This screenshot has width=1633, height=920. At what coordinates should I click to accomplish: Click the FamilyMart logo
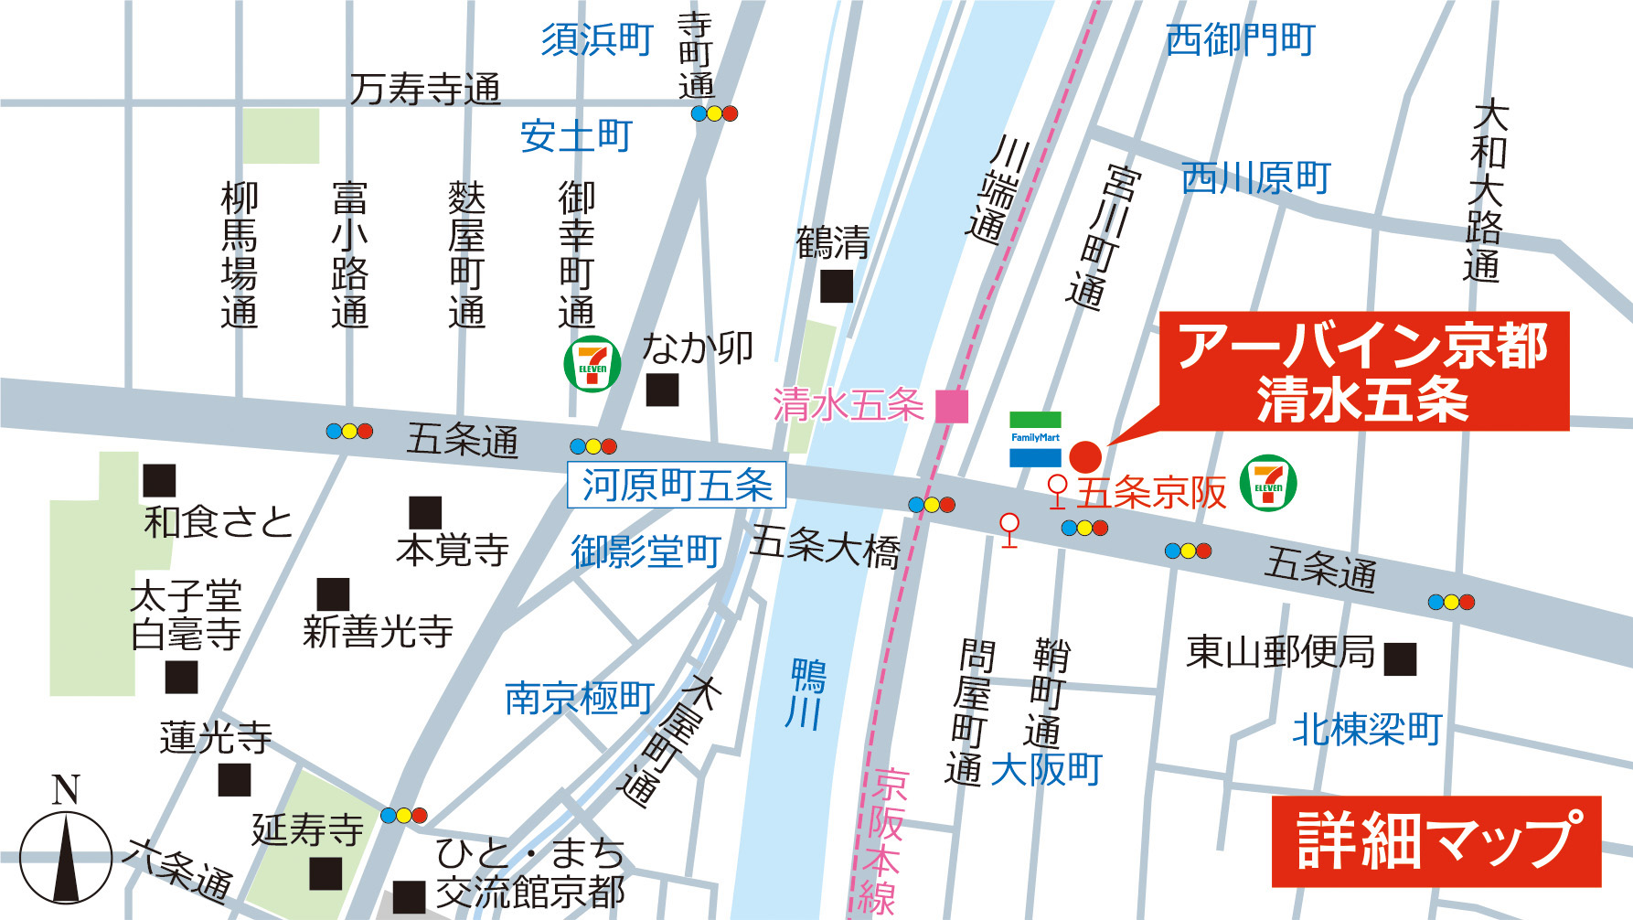[1035, 439]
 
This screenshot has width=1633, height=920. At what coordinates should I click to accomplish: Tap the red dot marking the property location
[1085, 456]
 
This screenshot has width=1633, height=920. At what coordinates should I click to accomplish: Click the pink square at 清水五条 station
[952, 406]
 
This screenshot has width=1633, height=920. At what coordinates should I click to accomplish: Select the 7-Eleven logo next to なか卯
[592, 364]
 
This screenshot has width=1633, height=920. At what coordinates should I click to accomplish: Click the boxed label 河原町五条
[677, 485]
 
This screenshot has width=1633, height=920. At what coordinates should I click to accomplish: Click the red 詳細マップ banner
[1436, 841]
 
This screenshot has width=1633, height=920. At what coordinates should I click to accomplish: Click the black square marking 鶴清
[836, 286]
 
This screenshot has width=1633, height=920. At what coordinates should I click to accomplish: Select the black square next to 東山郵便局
[1400, 658]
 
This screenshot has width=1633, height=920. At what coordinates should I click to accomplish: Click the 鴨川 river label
[806, 694]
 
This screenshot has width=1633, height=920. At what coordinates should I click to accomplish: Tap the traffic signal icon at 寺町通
[714, 113]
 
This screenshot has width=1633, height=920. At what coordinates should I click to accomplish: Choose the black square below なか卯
[662, 390]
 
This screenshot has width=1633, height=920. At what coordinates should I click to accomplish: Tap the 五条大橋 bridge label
[825, 546]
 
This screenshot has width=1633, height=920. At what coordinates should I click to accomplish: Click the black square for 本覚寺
[425, 512]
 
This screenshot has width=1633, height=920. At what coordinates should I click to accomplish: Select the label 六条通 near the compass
[179, 869]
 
